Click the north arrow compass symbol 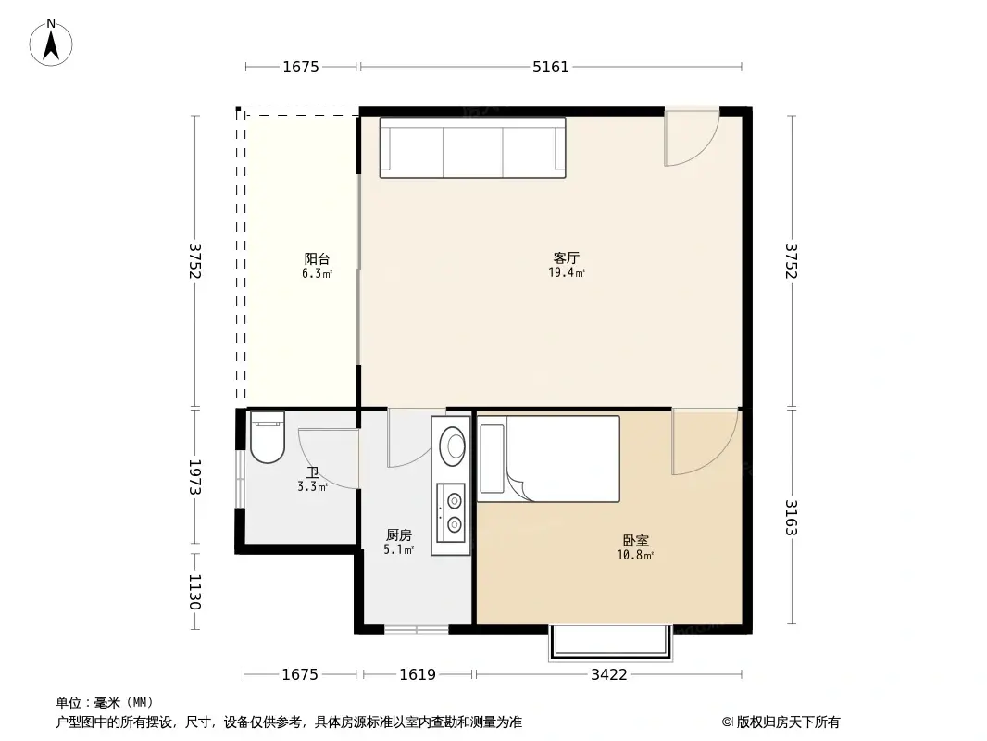click(x=52, y=42)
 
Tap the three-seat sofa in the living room click(x=472, y=147)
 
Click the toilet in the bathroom click(x=266, y=437)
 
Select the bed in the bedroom click(x=548, y=459)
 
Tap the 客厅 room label click(x=567, y=258)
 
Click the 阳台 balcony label click(x=317, y=259)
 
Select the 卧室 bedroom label click(x=635, y=541)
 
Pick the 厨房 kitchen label click(x=398, y=535)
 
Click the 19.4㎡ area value click(x=567, y=273)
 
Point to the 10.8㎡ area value click(x=635, y=556)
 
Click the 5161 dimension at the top click(x=551, y=67)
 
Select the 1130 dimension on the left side click(x=194, y=591)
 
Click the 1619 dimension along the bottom click(x=418, y=674)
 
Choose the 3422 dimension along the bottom click(x=608, y=674)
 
